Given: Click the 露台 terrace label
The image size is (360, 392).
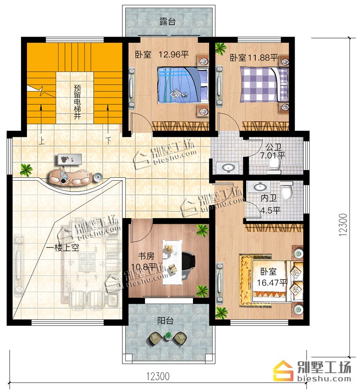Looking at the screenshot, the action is (168, 22).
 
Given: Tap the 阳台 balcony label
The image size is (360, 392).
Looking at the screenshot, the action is (166, 320).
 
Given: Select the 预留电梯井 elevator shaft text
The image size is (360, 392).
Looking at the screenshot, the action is (77, 102).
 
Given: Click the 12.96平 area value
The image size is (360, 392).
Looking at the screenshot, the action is (174, 54).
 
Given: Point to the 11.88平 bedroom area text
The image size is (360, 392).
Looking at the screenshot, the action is (263, 58).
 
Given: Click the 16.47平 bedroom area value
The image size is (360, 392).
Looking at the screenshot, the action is (272, 283).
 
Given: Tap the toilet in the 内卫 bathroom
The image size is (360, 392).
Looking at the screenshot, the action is (286, 190).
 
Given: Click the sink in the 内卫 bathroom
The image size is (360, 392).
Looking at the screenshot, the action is (259, 187).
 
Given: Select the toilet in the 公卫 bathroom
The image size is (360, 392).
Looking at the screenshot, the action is (274, 166).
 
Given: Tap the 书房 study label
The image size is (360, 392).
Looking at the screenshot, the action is (146, 256).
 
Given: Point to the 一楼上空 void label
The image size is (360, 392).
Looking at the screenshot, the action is (63, 247).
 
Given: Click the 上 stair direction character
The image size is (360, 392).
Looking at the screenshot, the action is (41, 141).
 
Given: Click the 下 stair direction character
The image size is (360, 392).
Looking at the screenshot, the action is (108, 140).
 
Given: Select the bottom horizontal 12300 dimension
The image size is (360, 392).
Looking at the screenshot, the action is (158, 376).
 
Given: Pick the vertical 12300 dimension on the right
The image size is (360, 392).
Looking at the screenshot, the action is (343, 225).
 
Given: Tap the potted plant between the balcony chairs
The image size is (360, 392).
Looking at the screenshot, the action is (168, 336).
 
